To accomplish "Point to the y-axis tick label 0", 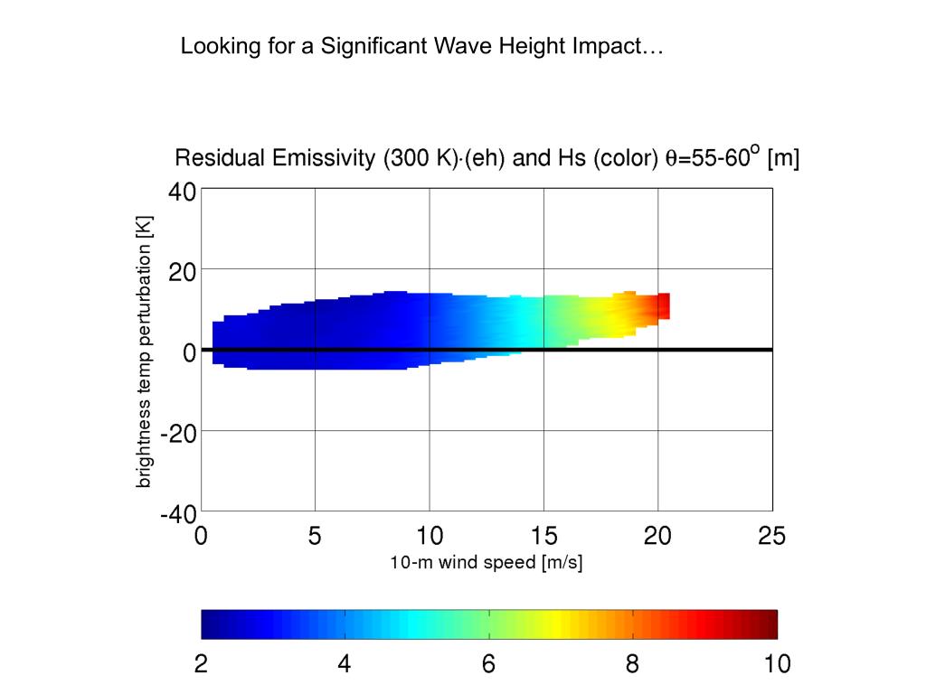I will coord(190,352).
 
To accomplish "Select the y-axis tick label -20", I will coord(179,432).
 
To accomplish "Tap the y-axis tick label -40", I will coord(179,514).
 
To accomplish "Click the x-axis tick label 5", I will coord(315,536).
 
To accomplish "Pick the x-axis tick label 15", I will coord(543,536).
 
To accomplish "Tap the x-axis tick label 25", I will coord(771,536).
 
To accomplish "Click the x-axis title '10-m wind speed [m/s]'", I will coord(486,563).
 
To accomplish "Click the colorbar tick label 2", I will coord(201,665).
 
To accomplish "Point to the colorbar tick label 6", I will coord(488,665).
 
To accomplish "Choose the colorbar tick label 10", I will coord(776,665).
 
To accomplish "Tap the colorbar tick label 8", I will coord(632,665).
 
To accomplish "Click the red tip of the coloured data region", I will coord(664,305).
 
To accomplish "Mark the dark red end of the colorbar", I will coord(770,624).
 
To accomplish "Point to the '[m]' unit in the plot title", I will coord(783,159).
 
